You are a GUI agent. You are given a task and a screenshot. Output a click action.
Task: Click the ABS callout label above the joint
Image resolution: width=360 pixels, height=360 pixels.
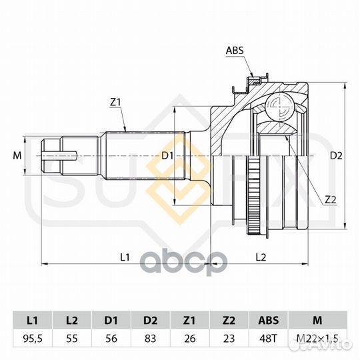(x=235, y=50)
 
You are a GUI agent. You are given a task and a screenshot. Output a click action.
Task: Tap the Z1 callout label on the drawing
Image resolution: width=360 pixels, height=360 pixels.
(x=115, y=103)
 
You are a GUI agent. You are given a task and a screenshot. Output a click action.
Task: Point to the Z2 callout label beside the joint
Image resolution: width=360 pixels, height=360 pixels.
(x=331, y=200)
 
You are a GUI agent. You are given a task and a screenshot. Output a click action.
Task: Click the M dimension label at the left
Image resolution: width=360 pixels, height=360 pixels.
(x=17, y=155)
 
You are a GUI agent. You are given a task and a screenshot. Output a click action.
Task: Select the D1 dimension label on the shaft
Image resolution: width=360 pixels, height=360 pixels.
(x=167, y=155)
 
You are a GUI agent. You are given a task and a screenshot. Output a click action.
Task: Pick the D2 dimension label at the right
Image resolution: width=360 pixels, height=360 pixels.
(x=336, y=155)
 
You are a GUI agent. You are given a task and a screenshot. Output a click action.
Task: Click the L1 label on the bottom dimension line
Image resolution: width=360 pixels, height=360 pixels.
(x=125, y=257)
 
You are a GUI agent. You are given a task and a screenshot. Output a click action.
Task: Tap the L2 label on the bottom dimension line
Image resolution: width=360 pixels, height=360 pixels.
(x=261, y=257)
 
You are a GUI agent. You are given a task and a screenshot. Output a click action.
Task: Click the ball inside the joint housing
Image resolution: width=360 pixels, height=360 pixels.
(x=279, y=106)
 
